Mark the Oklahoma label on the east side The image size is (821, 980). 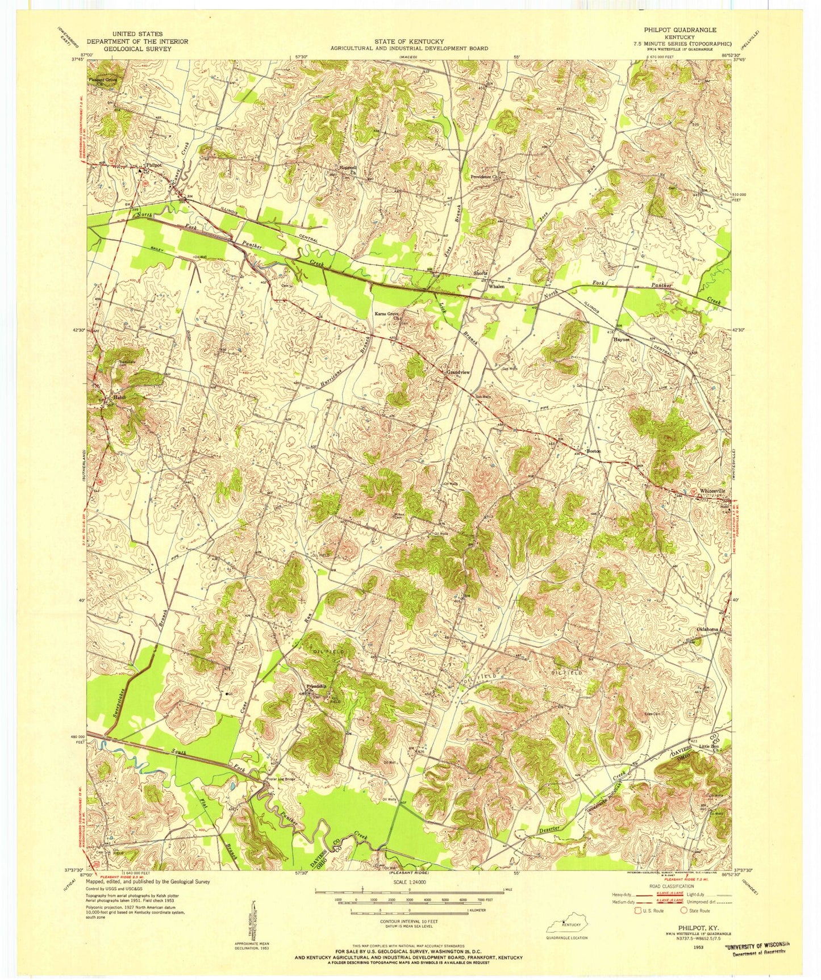(708, 629)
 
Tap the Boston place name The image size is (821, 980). (594, 451)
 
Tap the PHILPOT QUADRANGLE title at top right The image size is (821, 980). (680, 30)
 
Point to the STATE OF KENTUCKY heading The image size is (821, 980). (409, 41)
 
